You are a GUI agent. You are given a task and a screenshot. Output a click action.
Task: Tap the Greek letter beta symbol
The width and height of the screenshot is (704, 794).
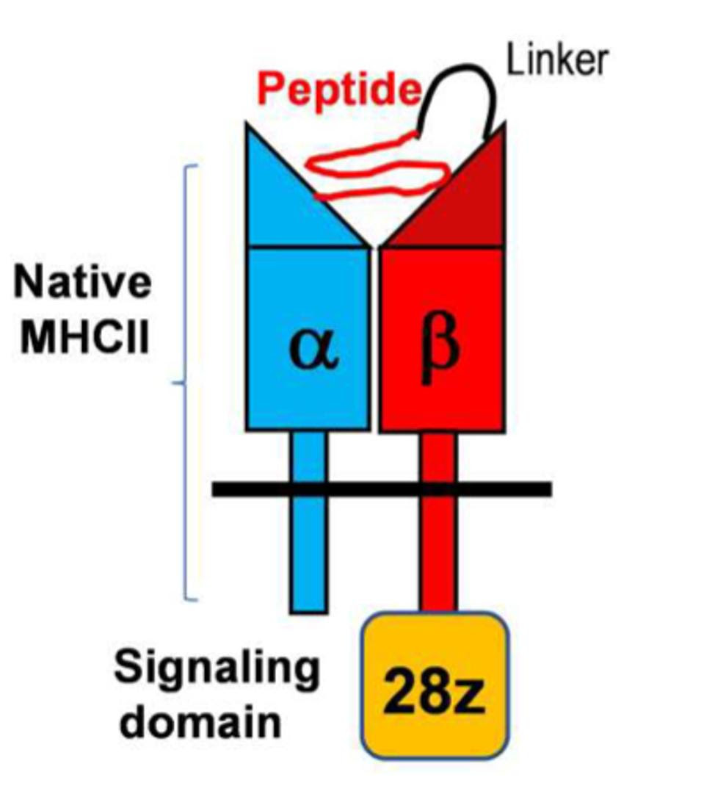tap(440, 351)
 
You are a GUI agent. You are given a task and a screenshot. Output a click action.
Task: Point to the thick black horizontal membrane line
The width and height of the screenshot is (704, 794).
tap(382, 488)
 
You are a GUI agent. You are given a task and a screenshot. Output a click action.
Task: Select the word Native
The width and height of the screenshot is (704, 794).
tap(82, 283)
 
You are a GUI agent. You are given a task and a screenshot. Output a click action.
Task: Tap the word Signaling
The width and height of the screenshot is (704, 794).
tap(217, 670)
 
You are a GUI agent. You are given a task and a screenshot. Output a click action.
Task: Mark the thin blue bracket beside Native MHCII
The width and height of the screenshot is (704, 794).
tap(186, 382)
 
